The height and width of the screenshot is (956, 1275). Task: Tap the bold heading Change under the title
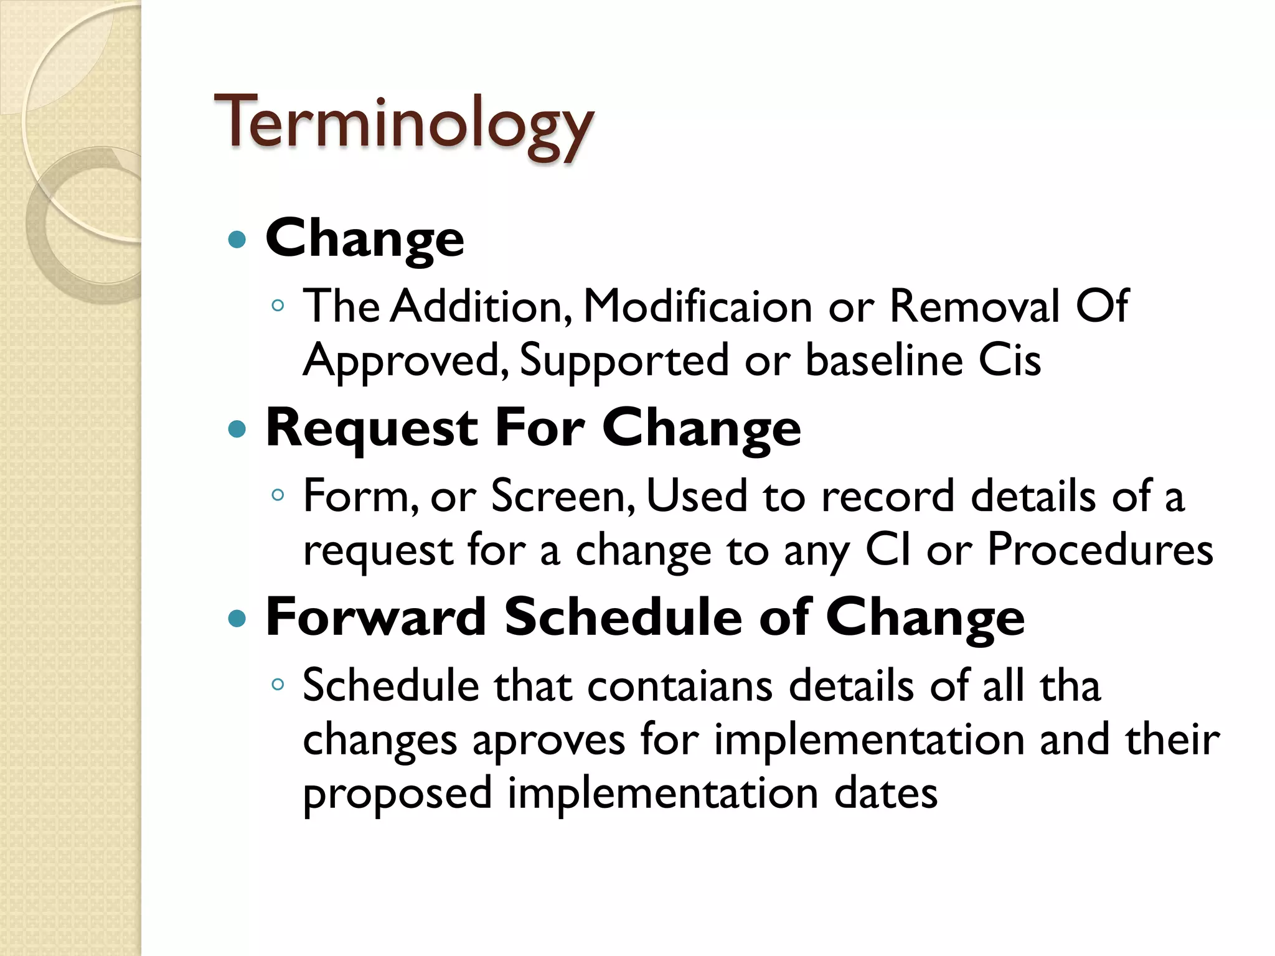tap(365, 238)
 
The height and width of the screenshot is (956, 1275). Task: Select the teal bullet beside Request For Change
tap(237, 429)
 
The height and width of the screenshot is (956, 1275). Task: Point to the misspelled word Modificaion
tap(697, 306)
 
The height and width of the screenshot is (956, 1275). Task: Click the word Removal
tap(974, 306)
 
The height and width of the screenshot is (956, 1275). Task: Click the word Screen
tap(560, 496)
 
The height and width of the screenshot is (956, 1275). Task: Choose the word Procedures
tap(1100, 550)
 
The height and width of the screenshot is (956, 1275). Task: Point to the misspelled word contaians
tap(680, 686)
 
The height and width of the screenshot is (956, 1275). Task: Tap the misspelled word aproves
tap(548, 741)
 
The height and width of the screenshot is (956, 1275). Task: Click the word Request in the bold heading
tap(372, 429)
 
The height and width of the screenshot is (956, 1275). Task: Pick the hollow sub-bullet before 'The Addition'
tap(278, 306)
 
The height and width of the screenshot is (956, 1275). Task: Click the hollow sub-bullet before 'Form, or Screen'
tap(278, 495)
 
